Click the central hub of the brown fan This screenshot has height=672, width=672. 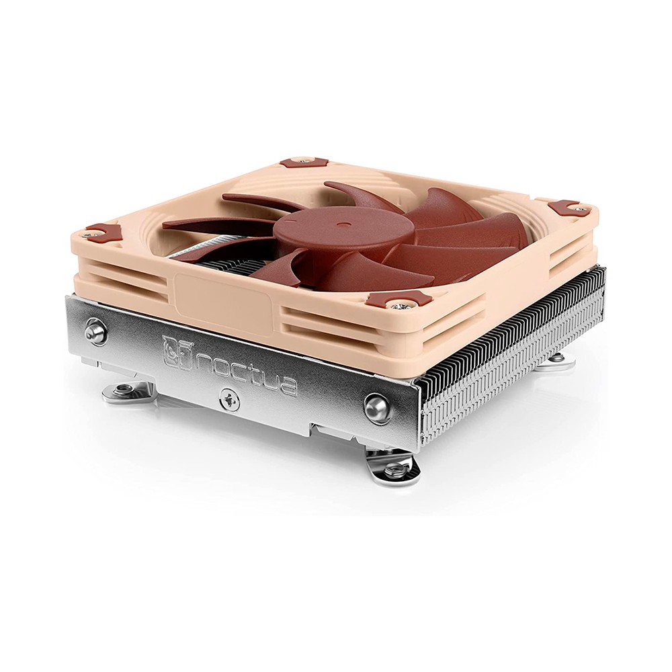point(342,231)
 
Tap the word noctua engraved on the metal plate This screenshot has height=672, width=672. point(245,370)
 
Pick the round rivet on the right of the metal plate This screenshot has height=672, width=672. point(378,408)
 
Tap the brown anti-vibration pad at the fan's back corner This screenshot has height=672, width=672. point(302,163)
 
